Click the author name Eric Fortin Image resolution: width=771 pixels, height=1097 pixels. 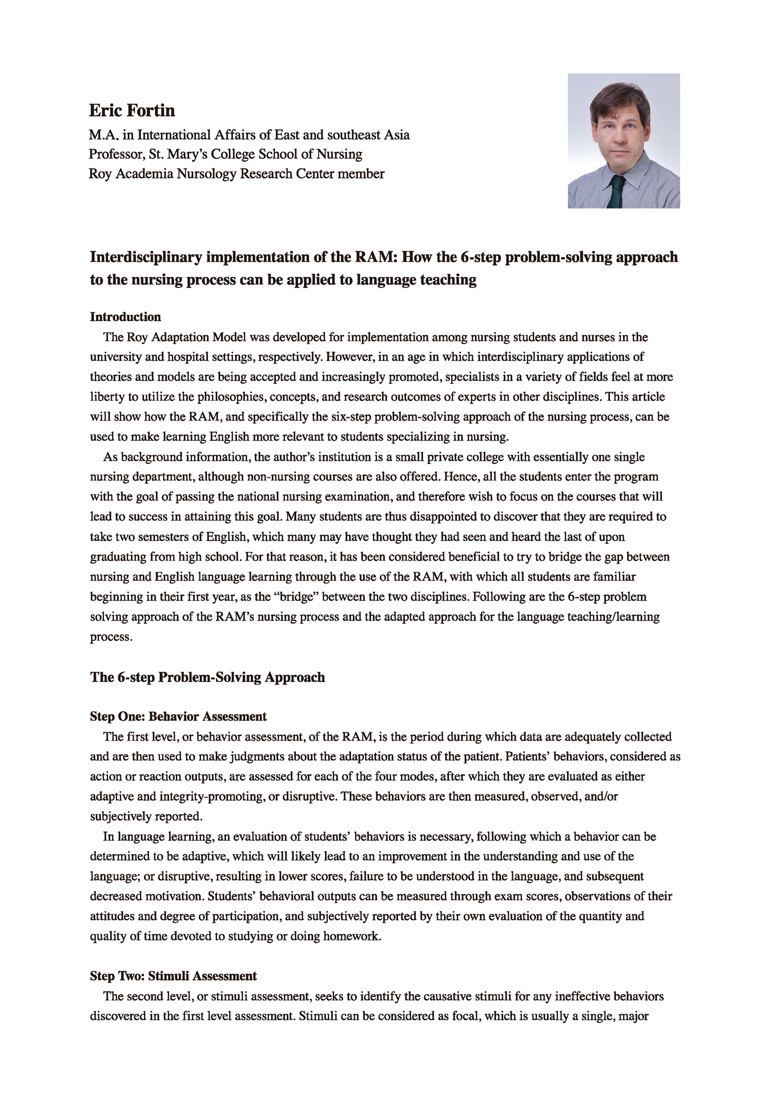pyautogui.click(x=132, y=110)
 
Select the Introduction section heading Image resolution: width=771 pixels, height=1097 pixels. pyautogui.click(x=125, y=317)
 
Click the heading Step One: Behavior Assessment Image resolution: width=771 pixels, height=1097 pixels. pyautogui.click(x=178, y=716)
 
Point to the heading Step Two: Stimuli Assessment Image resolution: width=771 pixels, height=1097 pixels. pyautogui.click(x=173, y=976)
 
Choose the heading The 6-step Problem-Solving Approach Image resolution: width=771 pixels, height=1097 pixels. pyautogui.click(x=207, y=677)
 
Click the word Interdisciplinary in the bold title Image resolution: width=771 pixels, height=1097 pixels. pyautogui.click(x=146, y=257)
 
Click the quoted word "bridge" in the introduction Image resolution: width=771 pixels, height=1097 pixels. pyautogui.click(x=296, y=597)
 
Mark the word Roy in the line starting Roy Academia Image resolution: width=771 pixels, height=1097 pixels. pyautogui.click(x=101, y=174)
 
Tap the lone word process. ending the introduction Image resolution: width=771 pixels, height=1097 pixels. pyautogui.click(x=111, y=637)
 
